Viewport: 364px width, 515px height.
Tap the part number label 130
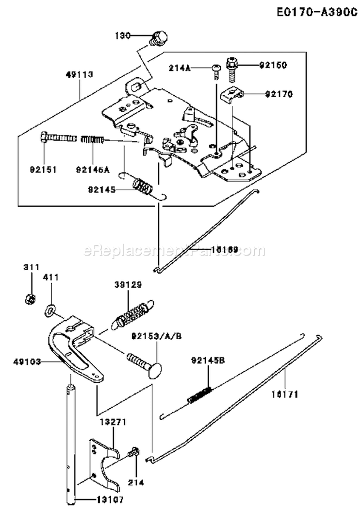pos(123,35)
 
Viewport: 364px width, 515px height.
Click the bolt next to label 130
pos(159,37)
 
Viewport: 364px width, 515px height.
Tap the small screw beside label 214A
pos(215,71)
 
